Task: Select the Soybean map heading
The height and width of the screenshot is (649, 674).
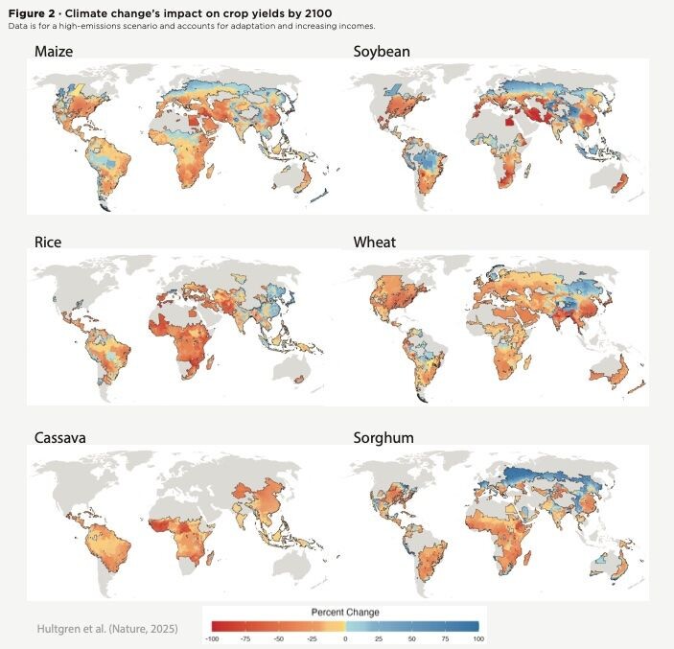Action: pyautogui.click(x=382, y=51)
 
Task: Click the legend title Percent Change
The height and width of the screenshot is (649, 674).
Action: pyautogui.click(x=345, y=612)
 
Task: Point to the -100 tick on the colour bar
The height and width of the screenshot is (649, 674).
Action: pyautogui.click(x=213, y=637)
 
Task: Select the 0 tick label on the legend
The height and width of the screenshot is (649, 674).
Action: pyautogui.click(x=345, y=637)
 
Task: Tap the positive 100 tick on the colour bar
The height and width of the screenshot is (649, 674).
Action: pyautogui.click(x=476, y=637)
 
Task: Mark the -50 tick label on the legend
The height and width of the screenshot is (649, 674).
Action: pyautogui.click(x=279, y=637)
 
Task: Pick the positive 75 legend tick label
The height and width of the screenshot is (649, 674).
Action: pyautogui.click(x=444, y=637)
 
